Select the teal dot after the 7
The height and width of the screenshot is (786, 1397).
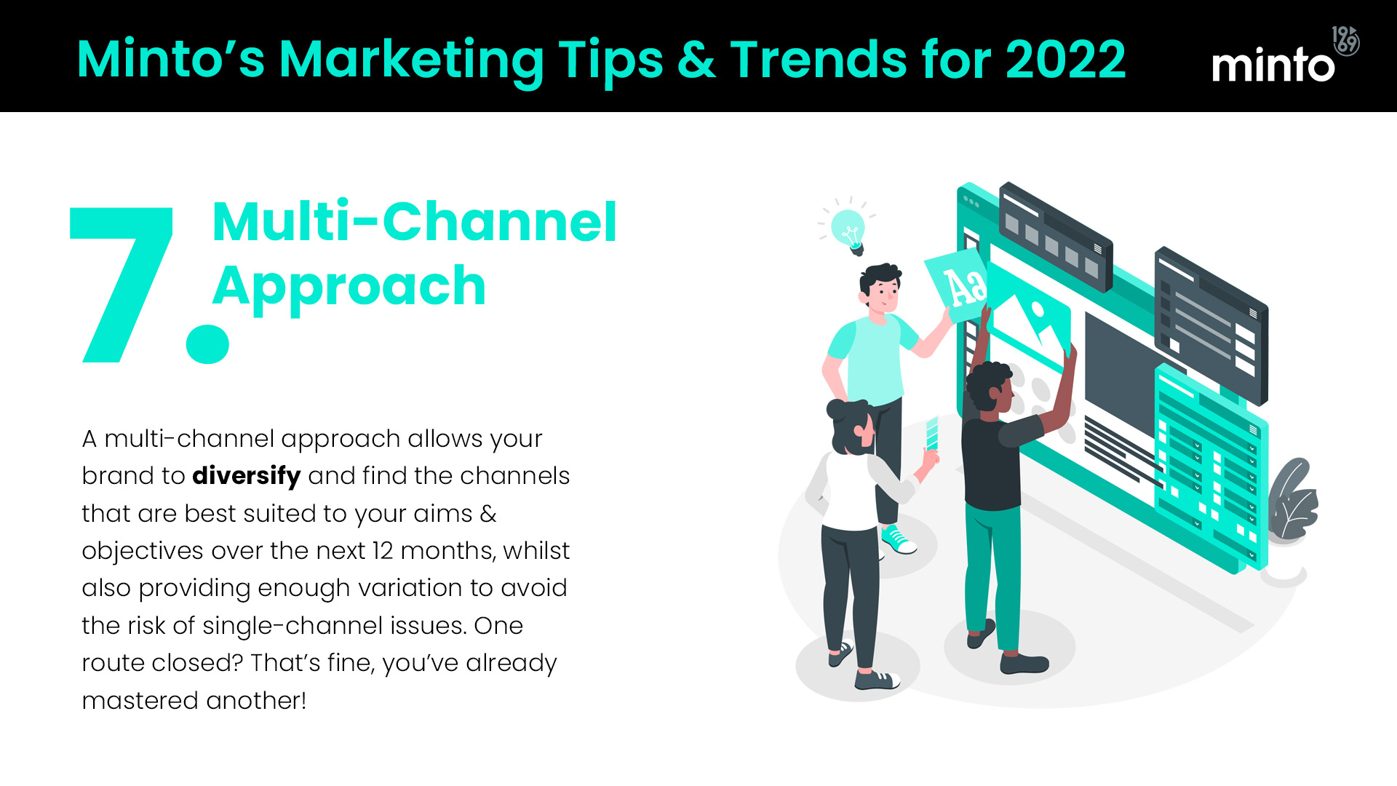point(207,344)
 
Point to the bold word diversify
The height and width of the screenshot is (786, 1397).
point(247,477)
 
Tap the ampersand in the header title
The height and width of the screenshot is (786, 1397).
point(697,60)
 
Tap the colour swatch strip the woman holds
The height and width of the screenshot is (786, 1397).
point(932,434)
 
